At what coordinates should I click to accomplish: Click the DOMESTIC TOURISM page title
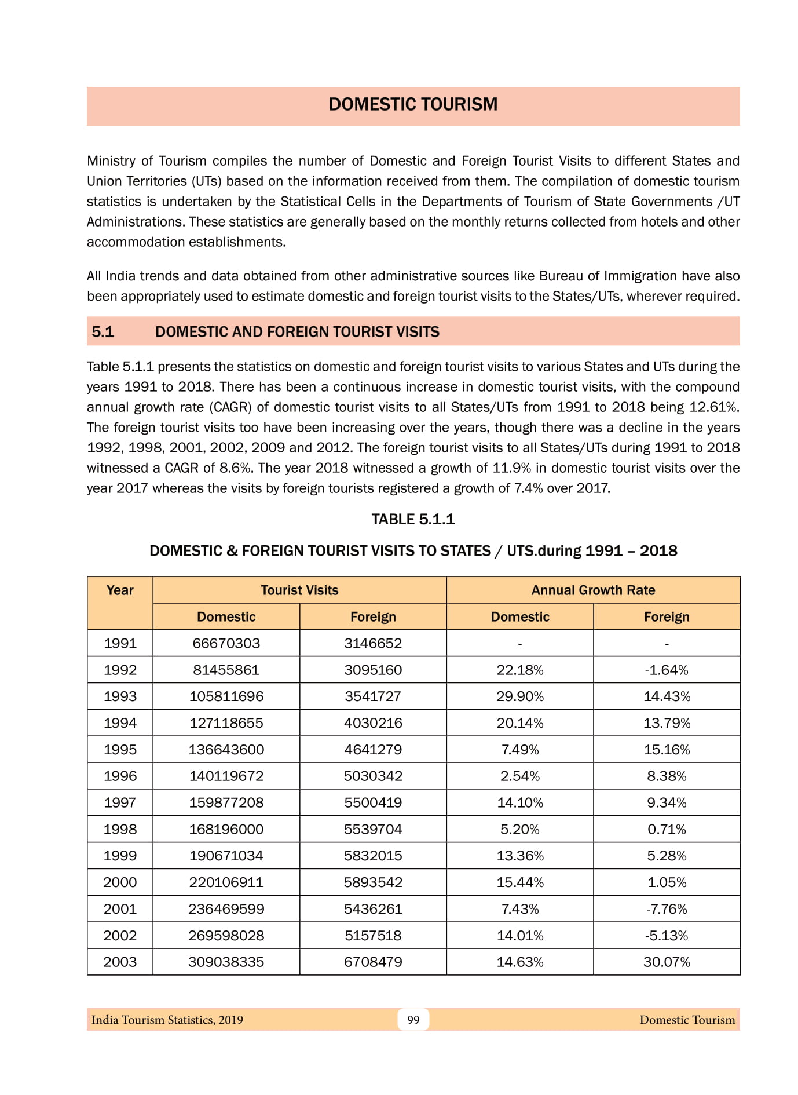point(413,104)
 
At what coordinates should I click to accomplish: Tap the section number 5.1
point(103,332)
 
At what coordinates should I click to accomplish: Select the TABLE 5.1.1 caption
point(413,519)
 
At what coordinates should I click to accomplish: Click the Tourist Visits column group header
point(299,590)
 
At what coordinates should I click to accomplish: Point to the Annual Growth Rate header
point(593,590)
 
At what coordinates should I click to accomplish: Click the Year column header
point(120,590)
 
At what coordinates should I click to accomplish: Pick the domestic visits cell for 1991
point(226,643)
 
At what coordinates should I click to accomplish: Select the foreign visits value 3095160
point(373,670)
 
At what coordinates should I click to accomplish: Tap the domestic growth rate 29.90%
point(519,696)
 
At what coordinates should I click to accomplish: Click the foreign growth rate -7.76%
point(667,909)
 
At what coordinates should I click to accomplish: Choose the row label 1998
point(120,829)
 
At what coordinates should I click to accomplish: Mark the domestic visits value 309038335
point(226,962)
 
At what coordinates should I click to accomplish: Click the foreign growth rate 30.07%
point(667,962)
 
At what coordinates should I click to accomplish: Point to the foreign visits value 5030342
point(373,776)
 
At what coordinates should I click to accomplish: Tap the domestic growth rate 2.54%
point(519,776)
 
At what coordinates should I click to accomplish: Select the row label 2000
point(120,882)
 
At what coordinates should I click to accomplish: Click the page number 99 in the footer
point(413,1020)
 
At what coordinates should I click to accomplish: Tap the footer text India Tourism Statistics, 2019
point(167,1020)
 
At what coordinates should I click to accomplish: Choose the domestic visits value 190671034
point(226,856)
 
